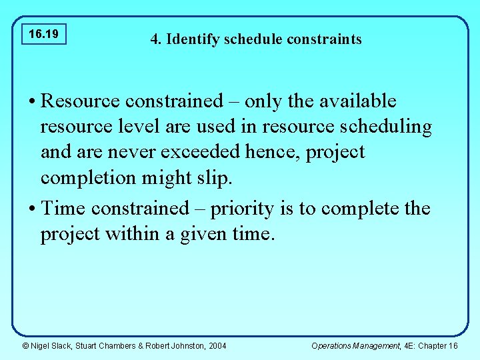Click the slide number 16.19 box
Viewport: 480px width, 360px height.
[x=44, y=33]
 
